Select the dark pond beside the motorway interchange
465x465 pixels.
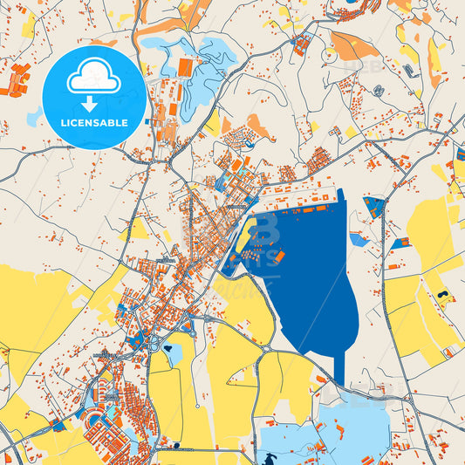[x=173, y=353]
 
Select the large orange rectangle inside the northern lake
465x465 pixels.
[x=185, y=66]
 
